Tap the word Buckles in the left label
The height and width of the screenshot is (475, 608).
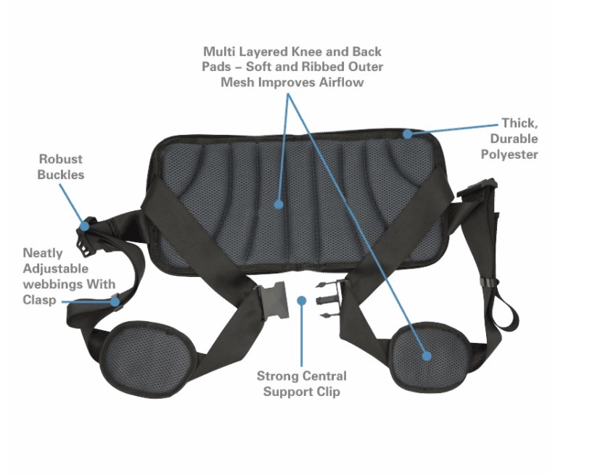62,174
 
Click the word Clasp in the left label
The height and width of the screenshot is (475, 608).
39,300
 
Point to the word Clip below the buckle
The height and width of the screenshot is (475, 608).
324,392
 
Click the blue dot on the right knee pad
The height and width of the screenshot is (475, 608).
427,355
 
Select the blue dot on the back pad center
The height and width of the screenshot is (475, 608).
279,205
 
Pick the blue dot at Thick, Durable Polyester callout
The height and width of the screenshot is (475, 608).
408,133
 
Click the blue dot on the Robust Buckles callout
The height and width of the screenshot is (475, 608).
85,226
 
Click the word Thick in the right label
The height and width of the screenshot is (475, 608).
518,123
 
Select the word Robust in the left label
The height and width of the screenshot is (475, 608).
61,159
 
